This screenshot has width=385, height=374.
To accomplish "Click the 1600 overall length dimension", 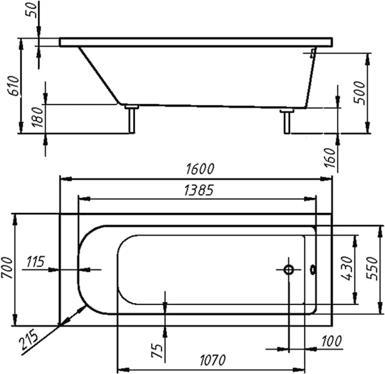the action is point(200,169).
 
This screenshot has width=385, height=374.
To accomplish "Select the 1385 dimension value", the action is point(199,190).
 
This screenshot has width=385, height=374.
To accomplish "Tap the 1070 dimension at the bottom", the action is point(213,360).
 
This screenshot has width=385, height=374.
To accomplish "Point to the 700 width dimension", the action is point(7,268).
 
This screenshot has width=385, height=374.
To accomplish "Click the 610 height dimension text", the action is point(13,86).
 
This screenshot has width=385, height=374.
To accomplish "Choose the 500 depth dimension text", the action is point(359,93).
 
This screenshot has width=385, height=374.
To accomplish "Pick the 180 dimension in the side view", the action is point(38,117).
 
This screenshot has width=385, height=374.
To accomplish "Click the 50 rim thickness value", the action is point(32,10).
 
